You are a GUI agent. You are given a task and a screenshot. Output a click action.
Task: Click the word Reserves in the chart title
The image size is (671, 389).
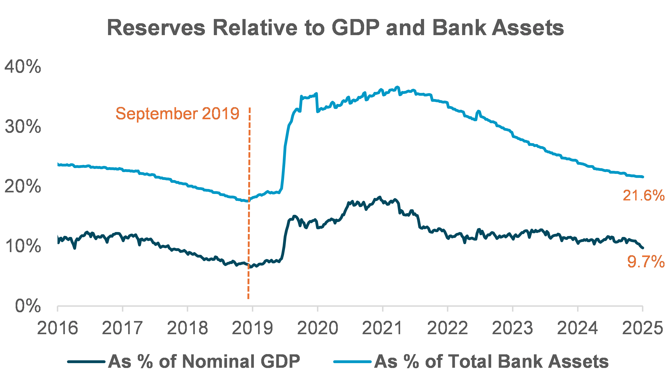tap(156, 28)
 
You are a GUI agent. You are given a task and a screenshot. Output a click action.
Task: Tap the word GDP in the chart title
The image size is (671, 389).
tap(355, 28)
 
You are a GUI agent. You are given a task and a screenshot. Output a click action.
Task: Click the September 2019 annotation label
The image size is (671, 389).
tap(177, 114)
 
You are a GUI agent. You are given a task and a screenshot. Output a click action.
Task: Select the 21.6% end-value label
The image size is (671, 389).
tap(643, 196)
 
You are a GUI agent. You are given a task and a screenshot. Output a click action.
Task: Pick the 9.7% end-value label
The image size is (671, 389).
tap(646, 261)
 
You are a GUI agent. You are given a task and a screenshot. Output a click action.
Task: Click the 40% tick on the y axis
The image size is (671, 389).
tap(23, 67)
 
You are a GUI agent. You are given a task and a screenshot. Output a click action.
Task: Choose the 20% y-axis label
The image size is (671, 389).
tap(23, 186)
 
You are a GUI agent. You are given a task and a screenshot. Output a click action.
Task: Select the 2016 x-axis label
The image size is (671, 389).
tap(57, 328)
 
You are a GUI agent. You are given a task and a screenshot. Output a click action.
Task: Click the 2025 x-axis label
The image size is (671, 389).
tap(642, 328)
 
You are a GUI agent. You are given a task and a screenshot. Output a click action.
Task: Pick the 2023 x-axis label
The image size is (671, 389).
tap(512, 328)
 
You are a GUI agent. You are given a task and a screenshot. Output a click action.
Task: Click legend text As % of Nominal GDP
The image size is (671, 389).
tap(204, 361)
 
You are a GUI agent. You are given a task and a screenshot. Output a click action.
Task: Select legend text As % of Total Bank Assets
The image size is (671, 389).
tap(491, 361)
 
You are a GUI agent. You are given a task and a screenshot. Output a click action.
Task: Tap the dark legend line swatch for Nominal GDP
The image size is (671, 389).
tap(86, 361)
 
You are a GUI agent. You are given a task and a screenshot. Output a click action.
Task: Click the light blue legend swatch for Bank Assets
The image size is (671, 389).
tap(352, 361)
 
